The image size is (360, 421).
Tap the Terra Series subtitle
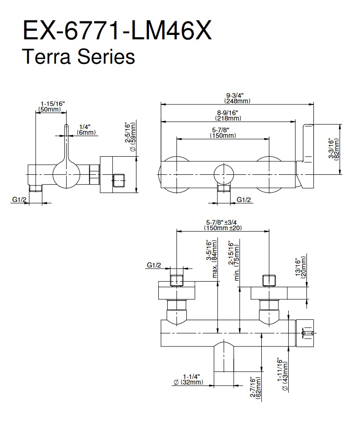79,57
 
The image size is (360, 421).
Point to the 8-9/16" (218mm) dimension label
228,115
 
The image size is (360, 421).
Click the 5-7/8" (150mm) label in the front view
222,132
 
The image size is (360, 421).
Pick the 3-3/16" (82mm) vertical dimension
333,149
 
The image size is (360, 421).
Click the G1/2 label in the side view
19,200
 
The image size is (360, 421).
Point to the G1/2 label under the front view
244,200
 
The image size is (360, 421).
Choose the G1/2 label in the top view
154,265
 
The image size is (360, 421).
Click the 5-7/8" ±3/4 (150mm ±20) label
223,225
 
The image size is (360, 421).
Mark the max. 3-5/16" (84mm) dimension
212,259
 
